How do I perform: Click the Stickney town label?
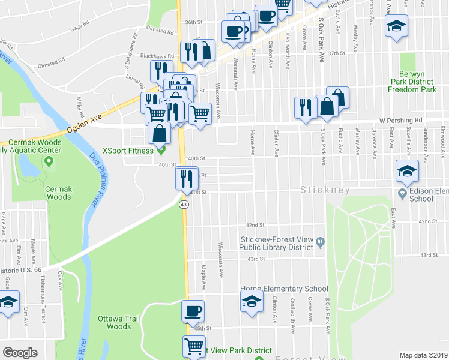coord(325,190)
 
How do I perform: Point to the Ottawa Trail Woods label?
coord(118,322)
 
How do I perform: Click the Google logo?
coord(20,353)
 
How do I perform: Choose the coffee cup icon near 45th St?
coord(193,311)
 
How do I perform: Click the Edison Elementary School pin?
coord(402,193)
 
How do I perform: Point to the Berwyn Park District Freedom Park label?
coord(411,85)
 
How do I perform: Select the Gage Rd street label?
coord(79,28)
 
